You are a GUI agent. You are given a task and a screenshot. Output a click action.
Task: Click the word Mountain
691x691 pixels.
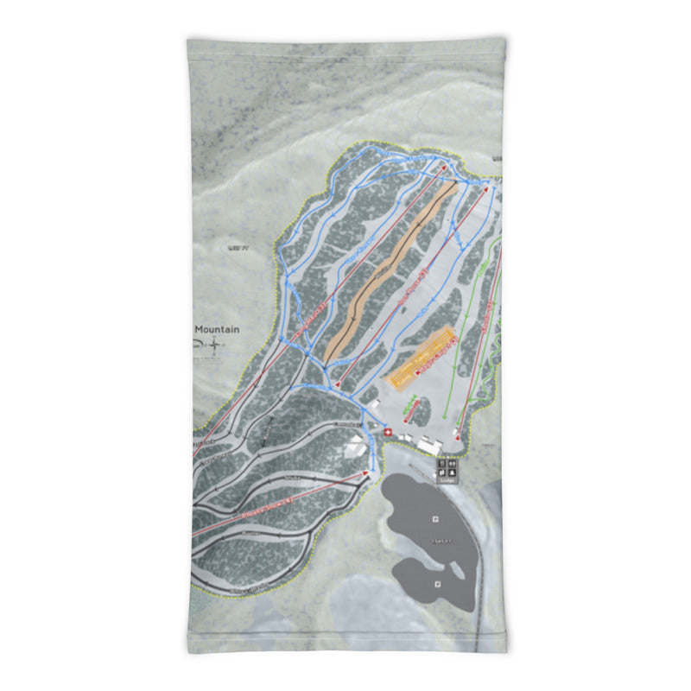[217, 329]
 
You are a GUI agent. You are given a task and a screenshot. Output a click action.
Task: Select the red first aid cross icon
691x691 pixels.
[387, 433]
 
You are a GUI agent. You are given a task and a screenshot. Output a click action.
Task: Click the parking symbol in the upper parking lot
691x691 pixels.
[434, 518]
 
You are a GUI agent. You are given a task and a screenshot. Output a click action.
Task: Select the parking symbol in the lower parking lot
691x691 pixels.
[437, 584]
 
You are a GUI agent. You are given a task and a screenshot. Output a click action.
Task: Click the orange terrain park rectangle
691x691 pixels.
[422, 357]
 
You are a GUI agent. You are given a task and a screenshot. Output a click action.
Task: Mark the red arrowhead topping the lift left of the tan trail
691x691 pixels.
[444, 168]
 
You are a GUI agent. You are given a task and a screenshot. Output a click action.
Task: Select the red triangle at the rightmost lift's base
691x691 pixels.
[458, 427]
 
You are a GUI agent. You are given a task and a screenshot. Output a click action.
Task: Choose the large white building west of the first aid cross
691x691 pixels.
[354, 446]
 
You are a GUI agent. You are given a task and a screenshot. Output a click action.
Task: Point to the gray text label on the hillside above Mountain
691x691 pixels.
[238, 248]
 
